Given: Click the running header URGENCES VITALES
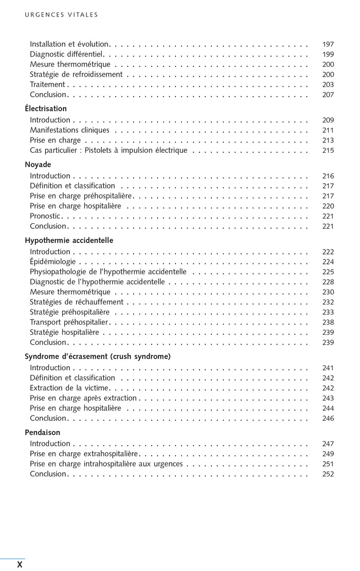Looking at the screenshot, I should coord(61,15).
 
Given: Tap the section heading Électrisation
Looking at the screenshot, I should coord(46,109).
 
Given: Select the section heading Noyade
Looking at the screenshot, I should coord(38,165).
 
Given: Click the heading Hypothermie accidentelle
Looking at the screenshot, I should coord(69,240).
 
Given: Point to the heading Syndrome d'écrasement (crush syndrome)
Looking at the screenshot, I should coord(98,356).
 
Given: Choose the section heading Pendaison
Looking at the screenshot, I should coord(42,432).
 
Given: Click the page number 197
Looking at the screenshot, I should coord(328,44).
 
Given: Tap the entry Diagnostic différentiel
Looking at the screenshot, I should coord(67,54).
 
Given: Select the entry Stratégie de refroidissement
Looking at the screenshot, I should coord(76,75).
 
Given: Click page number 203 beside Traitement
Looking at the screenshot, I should coord(328,85).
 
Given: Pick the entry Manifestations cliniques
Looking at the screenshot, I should coord(69,130).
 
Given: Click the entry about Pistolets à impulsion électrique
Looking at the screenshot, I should coord(109,150).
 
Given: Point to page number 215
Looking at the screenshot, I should coord(328,151).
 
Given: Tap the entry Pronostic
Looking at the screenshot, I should coord(45,216).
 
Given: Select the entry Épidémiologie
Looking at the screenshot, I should coord(52,262).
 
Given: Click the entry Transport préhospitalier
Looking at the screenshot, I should coord(69,322).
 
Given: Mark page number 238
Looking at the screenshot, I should coord(328,323).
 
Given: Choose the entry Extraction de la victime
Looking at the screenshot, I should coord(69,388).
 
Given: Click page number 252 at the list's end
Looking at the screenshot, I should coord(328,474).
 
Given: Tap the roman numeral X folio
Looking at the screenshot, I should coord(20,564).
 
